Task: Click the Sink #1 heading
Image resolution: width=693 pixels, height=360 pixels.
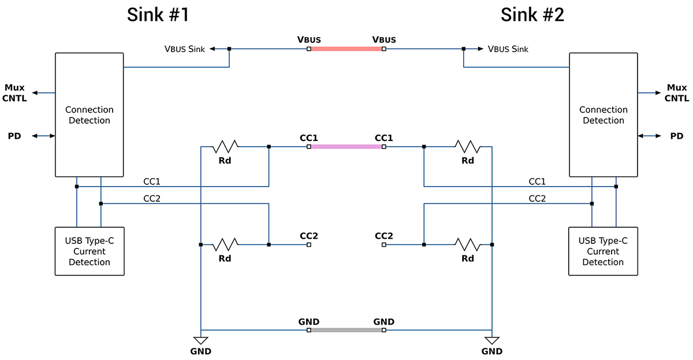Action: click(158, 15)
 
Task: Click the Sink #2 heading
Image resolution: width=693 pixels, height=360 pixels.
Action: click(532, 15)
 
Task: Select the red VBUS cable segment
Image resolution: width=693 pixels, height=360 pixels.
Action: click(346, 49)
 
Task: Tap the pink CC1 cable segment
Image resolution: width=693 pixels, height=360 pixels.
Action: click(346, 147)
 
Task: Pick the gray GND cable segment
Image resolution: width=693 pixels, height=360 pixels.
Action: click(346, 330)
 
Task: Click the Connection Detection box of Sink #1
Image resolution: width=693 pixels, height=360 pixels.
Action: click(89, 115)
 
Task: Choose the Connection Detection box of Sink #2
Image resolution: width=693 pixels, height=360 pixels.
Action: click(603, 115)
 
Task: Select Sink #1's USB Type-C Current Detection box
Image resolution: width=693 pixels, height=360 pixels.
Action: click(89, 251)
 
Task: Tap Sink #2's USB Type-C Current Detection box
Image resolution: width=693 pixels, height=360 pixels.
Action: click(603, 251)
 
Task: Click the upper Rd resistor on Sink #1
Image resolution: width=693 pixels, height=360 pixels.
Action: click(225, 147)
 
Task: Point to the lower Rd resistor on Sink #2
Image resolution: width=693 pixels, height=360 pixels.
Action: click(468, 244)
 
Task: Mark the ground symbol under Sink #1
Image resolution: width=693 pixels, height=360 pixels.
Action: click(201, 340)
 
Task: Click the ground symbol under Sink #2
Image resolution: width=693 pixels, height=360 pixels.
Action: click(492, 340)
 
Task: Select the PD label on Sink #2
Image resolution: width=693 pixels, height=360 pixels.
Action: click(676, 136)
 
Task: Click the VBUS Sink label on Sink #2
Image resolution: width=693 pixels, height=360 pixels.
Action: click(508, 49)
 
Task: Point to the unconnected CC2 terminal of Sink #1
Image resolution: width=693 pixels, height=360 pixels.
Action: click(309, 245)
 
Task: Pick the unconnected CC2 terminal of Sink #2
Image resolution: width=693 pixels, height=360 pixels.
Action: click(384, 245)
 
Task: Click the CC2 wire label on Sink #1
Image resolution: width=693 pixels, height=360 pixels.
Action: click(152, 198)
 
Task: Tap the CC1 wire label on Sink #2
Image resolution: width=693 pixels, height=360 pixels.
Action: click(537, 181)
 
